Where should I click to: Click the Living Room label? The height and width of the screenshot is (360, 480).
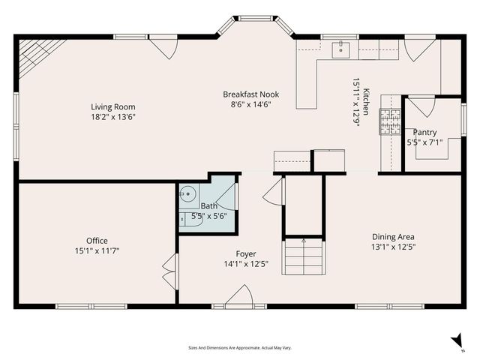(x=113, y=106)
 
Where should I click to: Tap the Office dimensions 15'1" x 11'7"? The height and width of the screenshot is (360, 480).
(x=97, y=250)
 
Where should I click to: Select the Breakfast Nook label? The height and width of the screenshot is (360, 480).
(x=250, y=94)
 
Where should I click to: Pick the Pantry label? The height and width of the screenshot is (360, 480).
(x=424, y=132)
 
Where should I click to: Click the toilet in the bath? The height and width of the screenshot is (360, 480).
(x=184, y=219)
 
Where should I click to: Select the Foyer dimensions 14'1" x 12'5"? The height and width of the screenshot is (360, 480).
(x=246, y=263)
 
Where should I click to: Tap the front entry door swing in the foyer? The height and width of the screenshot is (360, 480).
(x=239, y=296)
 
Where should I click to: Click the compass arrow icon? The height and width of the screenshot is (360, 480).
(x=457, y=342)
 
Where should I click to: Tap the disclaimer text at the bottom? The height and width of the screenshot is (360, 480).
(x=239, y=348)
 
